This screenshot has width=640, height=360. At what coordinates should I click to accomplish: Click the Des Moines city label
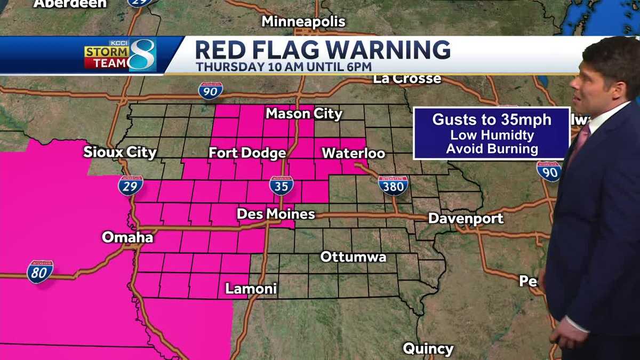pos(276,214)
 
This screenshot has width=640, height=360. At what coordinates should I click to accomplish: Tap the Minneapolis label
pos(303,22)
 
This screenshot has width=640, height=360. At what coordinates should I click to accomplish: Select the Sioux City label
pos(120,153)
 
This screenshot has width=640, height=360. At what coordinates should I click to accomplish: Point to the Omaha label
pos(127,237)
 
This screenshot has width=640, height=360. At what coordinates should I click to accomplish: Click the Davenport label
pos(466,219)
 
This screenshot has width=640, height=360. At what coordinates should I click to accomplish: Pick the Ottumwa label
pos(353,257)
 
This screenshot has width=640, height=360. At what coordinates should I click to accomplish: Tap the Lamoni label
pos(251,289)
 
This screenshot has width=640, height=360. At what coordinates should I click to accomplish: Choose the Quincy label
pos(428,349)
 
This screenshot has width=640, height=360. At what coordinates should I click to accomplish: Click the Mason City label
pos(304,114)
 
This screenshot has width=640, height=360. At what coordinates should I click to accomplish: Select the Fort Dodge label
pos(247,154)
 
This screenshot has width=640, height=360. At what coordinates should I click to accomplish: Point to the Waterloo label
pos(353,154)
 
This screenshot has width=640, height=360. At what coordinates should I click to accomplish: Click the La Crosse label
pos(407,79)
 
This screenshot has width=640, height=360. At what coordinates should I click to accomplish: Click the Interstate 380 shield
pos(394,185)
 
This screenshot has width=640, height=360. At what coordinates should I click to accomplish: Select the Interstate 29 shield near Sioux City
pos(130,186)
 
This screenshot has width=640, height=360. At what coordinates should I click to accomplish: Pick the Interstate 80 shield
pos(40,271)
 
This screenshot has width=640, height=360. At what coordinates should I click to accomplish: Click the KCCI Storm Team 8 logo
pos(119,55)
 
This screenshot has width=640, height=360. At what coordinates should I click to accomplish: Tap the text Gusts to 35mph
pos(492,119)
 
